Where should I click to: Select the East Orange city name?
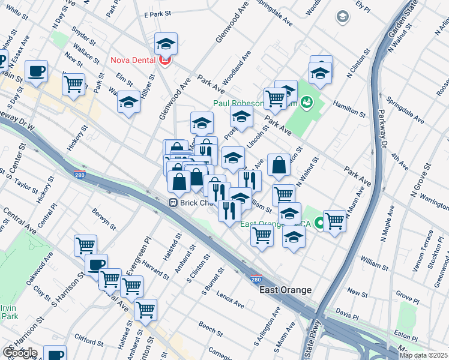[x=285, y=290]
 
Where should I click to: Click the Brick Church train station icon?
[x=172, y=203]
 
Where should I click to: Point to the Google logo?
[x=20, y=353]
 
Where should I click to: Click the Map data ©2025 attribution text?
[x=423, y=355]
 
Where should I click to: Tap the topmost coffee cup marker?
[x=37, y=71]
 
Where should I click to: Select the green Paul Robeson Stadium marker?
[x=307, y=103]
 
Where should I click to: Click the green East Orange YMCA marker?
[x=319, y=224]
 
